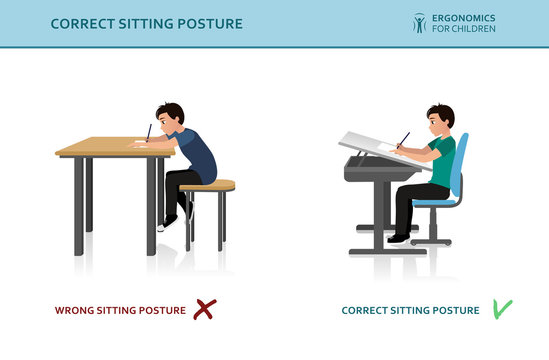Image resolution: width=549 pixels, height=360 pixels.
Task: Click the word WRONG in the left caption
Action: coord(76,311)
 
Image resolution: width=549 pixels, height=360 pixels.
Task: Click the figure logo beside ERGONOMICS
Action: coord(419,22)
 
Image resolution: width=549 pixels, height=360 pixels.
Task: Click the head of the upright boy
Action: coord(440,118)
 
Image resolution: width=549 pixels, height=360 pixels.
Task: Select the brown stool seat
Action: coord(208,186)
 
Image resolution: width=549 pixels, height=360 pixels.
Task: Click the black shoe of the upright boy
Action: coord(399,237)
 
